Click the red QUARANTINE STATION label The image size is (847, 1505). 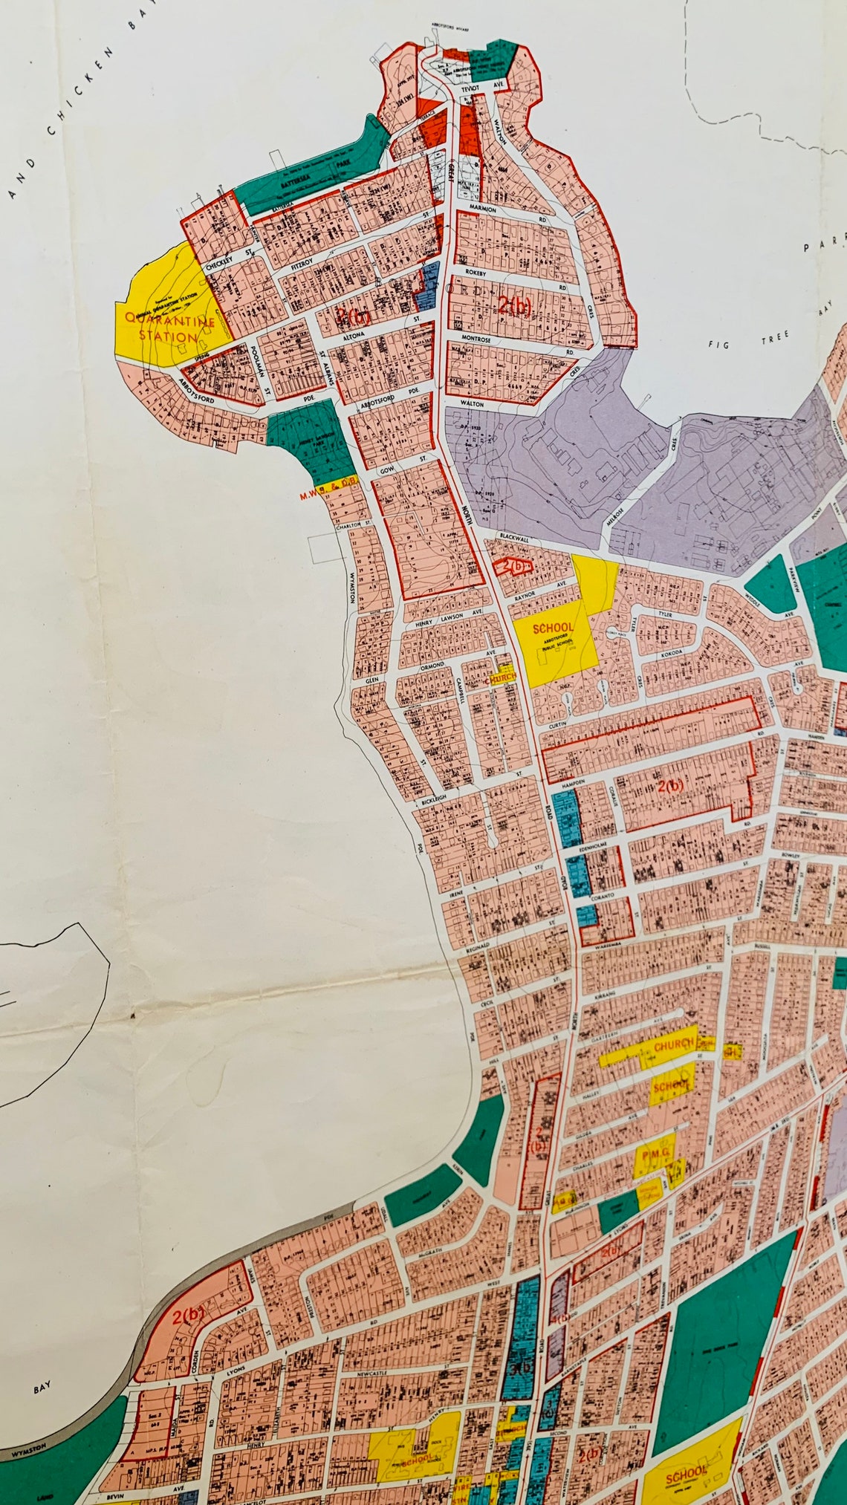(169, 329)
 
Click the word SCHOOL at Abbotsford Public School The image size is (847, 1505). (554, 628)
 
